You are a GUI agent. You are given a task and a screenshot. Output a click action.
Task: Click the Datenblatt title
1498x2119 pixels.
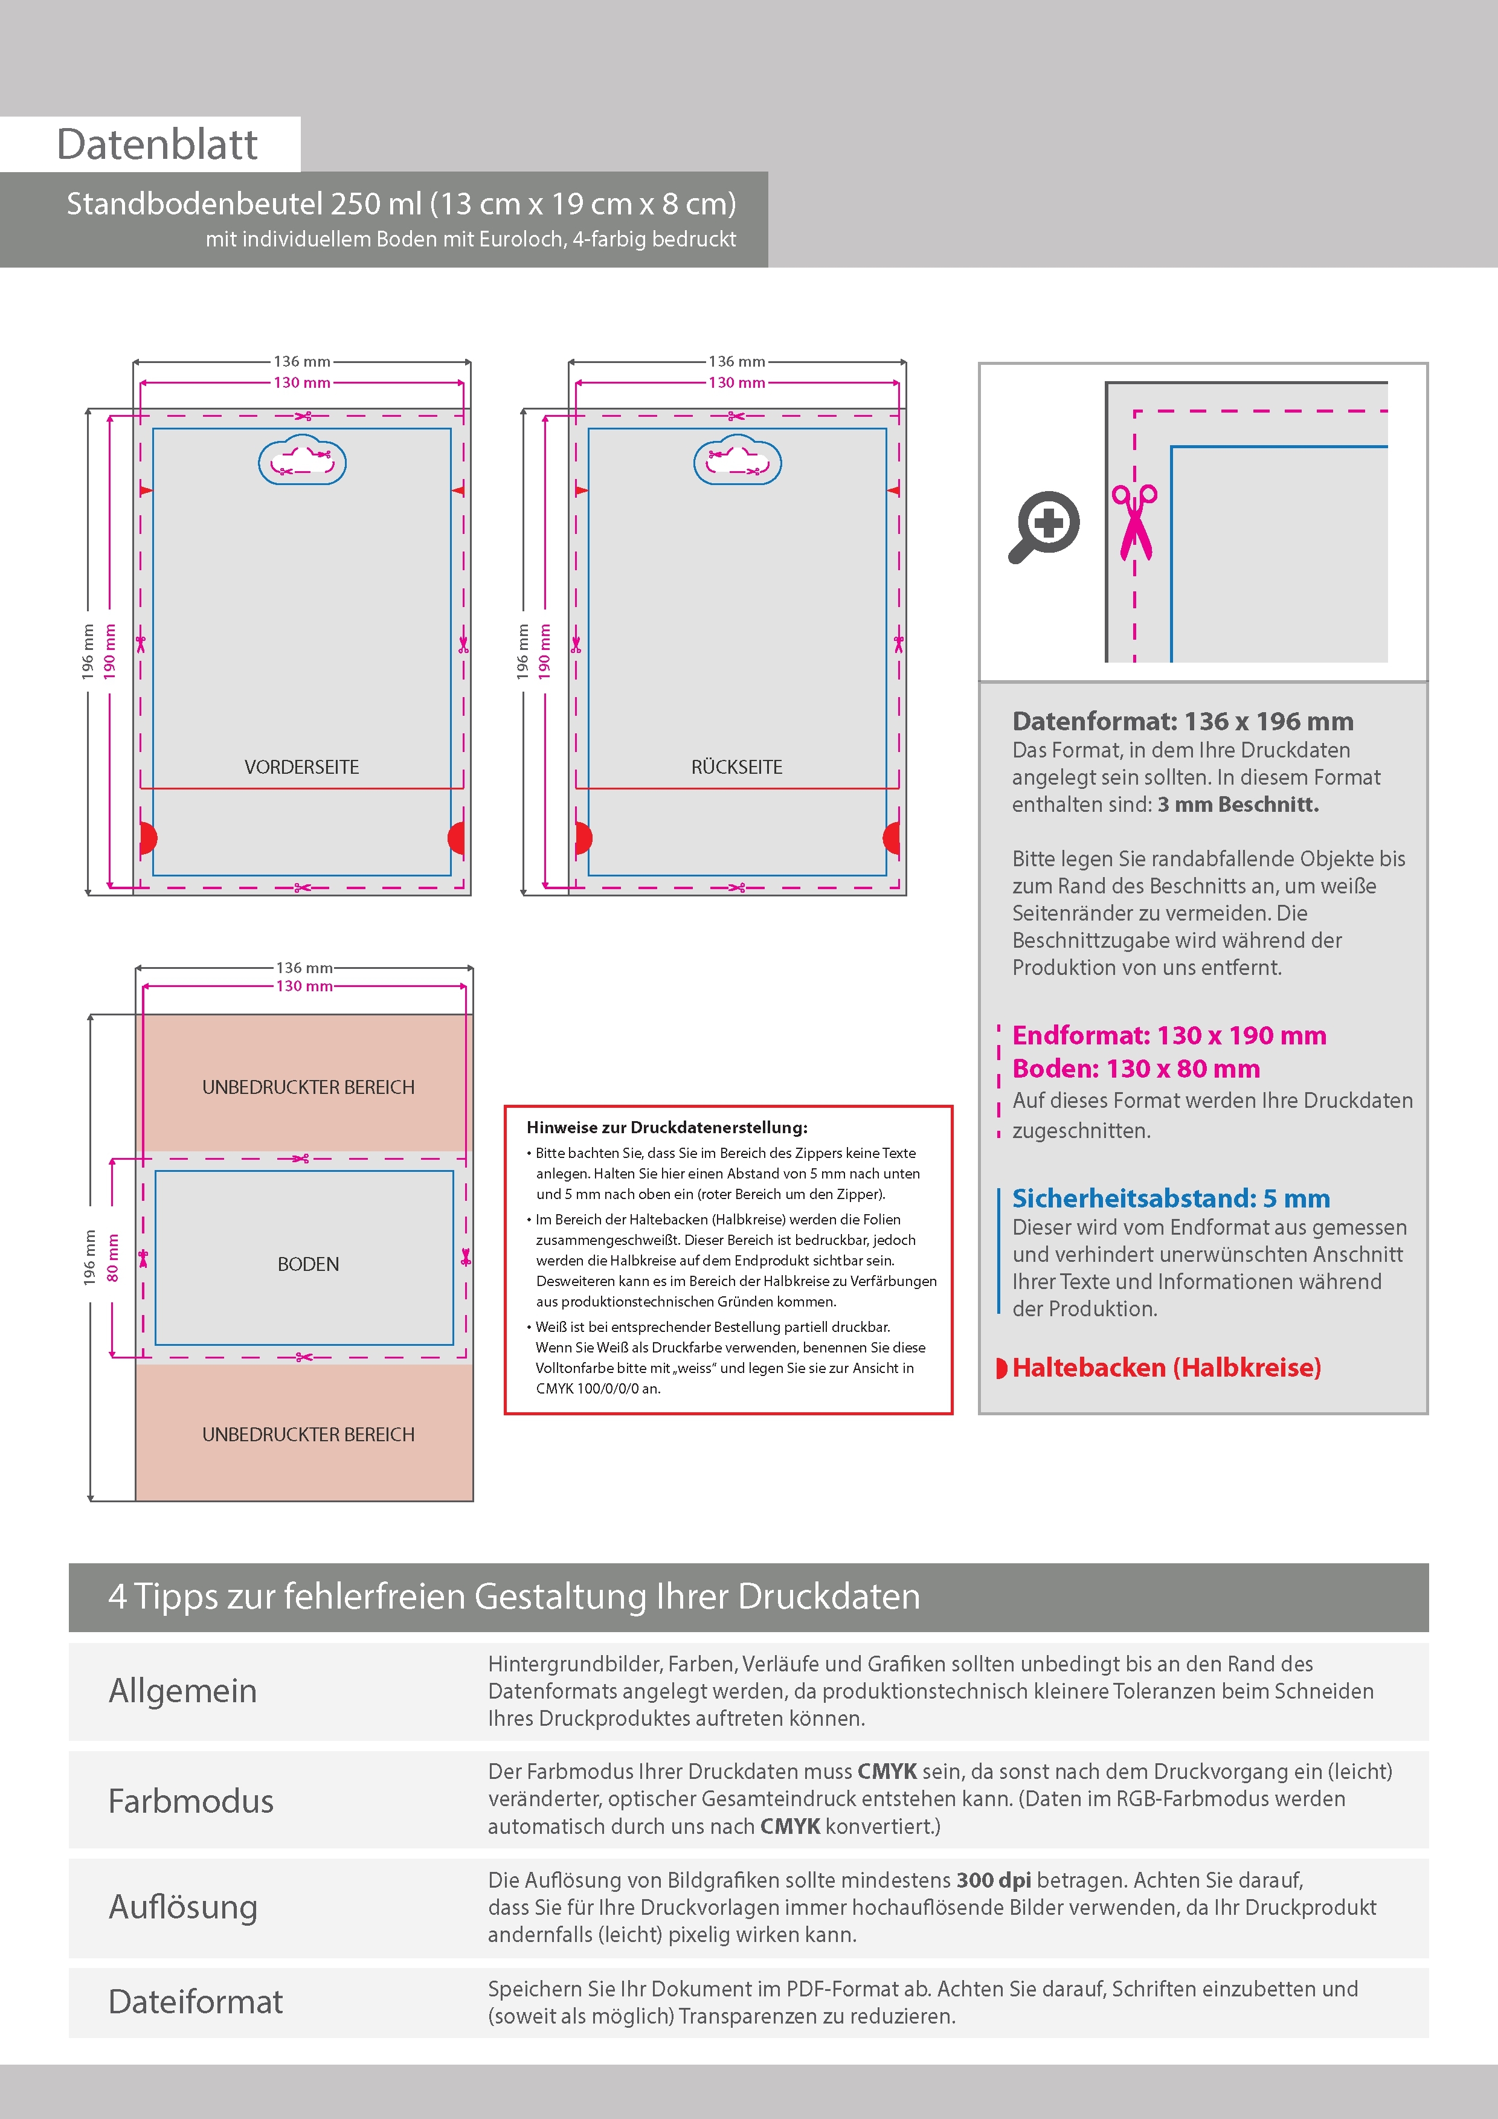point(157,145)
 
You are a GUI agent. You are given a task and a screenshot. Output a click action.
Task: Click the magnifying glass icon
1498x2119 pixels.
point(1044,526)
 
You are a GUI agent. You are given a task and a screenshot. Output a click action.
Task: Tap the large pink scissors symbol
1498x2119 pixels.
point(1134,521)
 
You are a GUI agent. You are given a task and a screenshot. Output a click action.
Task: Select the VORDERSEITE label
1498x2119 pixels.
point(302,767)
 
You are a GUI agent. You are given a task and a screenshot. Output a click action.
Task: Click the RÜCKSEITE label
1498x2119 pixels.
point(736,767)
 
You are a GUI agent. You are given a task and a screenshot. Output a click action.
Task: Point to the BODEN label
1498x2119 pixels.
point(308,1264)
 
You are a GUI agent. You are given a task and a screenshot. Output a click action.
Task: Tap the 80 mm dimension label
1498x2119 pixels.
point(112,1258)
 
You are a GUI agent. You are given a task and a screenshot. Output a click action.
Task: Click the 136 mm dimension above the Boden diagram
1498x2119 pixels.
point(304,967)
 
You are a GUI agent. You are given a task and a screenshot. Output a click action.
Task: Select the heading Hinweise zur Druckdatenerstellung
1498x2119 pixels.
point(666,1127)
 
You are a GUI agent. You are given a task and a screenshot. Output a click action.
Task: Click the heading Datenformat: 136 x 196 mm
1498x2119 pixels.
point(1182,721)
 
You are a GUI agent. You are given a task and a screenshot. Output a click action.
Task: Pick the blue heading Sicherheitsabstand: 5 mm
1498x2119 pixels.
point(1171,1198)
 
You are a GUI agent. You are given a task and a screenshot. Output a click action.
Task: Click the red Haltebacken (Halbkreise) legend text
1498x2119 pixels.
point(1166,1367)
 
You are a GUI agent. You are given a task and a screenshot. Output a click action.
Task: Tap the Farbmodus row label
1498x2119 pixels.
point(191,1801)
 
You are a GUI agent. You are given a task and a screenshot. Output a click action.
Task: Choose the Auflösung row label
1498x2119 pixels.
point(183,1907)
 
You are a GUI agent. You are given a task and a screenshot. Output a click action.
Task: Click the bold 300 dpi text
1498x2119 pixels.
point(993,1880)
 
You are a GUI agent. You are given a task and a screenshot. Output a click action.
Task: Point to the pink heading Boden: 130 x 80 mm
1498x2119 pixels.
point(1135,1069)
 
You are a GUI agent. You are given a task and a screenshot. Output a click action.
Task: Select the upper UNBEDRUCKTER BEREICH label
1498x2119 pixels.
point(308,1087)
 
